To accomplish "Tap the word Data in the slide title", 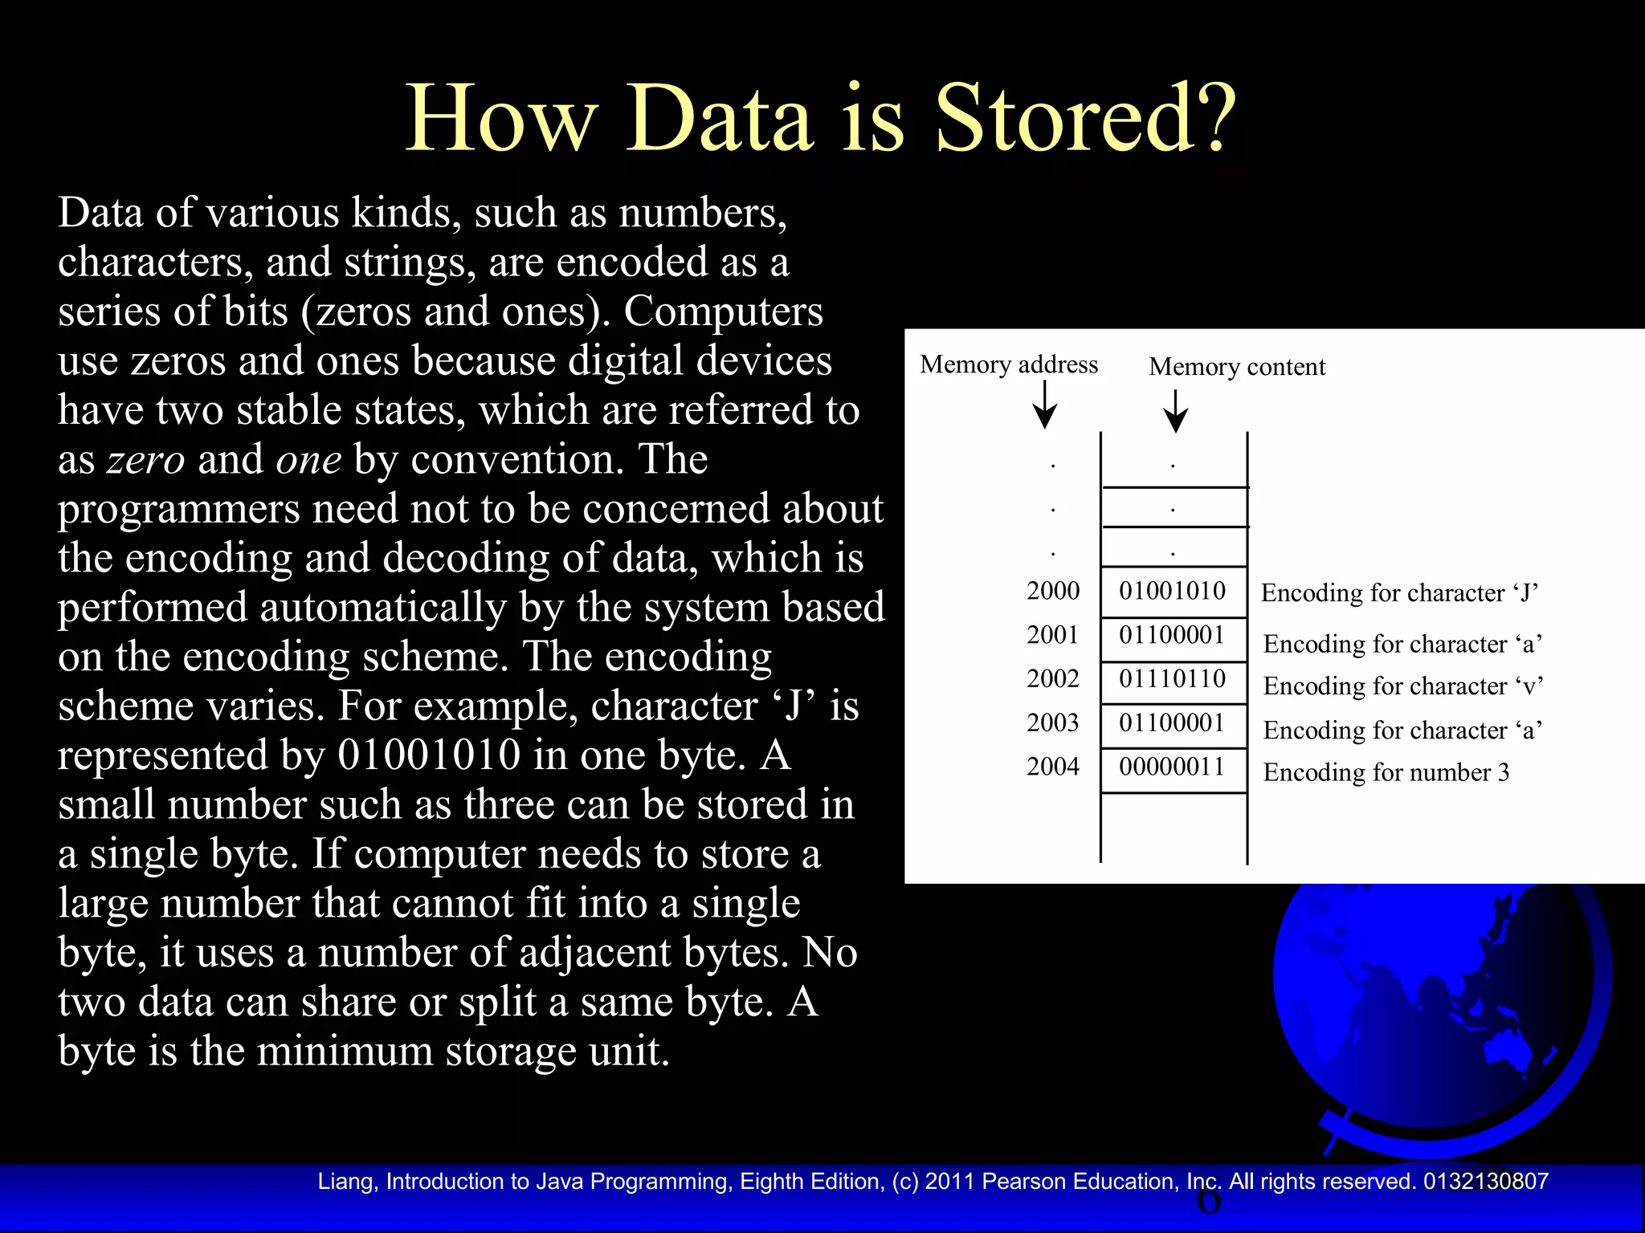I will tap(719, 119).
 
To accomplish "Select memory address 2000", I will tap(1052, 591).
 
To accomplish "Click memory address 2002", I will tap(1052, 679).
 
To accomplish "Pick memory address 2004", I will tap(1052, 767).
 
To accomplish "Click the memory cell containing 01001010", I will tap(1172, 591).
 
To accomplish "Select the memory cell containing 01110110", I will tap(1172, 679).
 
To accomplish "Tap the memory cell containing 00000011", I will tap(1172, 767).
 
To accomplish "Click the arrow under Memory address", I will tap(1044, 405).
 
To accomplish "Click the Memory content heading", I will tap(1236, 367).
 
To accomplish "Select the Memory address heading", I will tap(1008, 364).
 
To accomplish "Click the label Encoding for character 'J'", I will tap(1399, 593).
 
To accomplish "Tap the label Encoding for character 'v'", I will tap(1402, 686).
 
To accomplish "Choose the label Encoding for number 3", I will tap(1386, 772).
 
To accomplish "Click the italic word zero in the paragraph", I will tap(146, 460).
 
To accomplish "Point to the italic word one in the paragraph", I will tap(308, 460).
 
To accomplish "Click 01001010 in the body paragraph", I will tap(429, 755).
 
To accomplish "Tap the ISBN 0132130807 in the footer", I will tap(1485, 1182).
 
